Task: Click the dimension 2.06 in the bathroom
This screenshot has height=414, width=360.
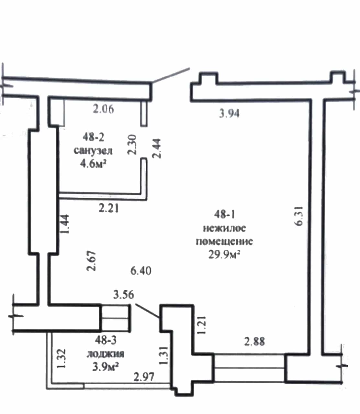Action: pyautogui.click(x=104, y=109)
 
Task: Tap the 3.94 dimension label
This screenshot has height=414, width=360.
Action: pyautogui.click(x=229, y=113)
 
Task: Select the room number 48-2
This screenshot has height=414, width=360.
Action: pyautogui.click(x=93, y=137)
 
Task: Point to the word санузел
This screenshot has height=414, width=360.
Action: pyautogui.click(x=93, y=151)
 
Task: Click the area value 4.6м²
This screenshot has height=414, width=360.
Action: pyautogui.click(x=93, y=163)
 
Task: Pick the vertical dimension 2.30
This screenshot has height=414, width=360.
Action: pyautogui.click(x=132, y=145)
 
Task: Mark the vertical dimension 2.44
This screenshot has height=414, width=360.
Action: pyautogui.click(x=156, y=148)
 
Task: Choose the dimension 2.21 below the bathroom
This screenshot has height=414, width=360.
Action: pyautogui.click(x=108, y=208)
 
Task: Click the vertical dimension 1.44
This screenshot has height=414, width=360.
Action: pyautogui.click(x=65, y=224)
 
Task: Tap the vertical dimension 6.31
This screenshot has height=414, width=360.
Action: pyautogui.click(x=298, y=216)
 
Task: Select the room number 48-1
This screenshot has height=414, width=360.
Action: pyautogui.click(x=225, y=214)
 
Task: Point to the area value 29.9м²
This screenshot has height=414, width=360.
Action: pyautogui.click(x=224, y=255)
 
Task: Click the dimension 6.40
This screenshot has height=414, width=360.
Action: pyautogui.click(x=141, y=271)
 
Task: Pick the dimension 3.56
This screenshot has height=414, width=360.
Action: pyautogui.click(x=124, y=295)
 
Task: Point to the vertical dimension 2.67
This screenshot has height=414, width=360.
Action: pyautogui.click(x=91, y=261)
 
